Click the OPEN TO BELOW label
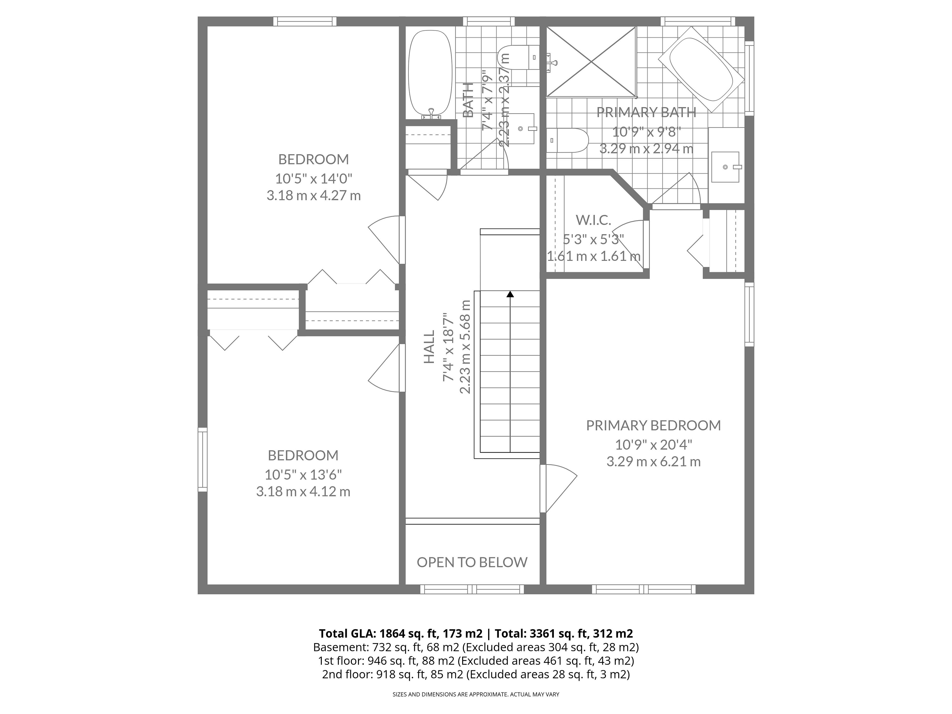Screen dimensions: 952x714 [472, 562]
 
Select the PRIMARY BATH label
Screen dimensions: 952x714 [646, 112]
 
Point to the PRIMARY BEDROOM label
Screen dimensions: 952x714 [653, 425]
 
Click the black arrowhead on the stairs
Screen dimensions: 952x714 [510, 294]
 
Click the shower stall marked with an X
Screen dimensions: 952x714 [591, 61]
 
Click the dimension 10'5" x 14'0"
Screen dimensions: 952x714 [314, 178]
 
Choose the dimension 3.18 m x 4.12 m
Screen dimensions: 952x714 [303, 491]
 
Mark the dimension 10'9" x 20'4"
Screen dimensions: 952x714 [653, 444]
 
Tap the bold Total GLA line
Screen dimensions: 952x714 [476, 633]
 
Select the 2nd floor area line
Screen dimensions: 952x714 [476, 674]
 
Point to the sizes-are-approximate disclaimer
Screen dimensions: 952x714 [476, 694]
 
